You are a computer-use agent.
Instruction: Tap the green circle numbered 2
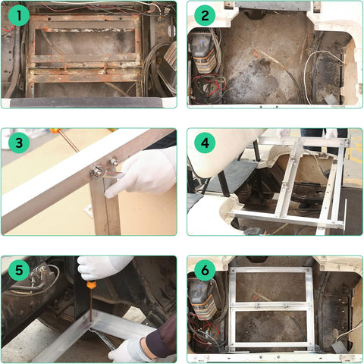click(x=203, y=16)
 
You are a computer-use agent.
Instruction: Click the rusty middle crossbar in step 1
click(x=83, y=58)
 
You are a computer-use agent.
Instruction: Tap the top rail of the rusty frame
click(x=83, y=19)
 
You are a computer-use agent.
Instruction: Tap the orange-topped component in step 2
click(x=202, y=49)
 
